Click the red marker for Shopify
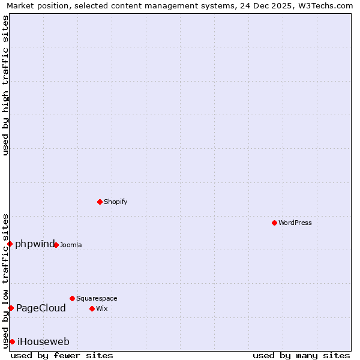(100, 202)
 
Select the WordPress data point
(274, 223)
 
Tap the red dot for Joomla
(56, 245)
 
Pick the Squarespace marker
(72, 298)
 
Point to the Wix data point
(92, 308)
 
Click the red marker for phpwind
(10, 244)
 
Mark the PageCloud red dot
(11, 308)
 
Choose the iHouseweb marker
(12, 341)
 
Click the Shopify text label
(115, 202)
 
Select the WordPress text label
(295, 223)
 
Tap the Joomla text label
(71, 245)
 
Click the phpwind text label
(35, 244)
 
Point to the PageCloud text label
(41, 308)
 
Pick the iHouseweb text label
(43, 342)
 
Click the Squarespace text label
(97, 299)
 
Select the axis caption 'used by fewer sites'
(62, 356)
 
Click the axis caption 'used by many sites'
(301, 356)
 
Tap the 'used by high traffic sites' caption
(5, 85)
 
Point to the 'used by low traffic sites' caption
(5, 281)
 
